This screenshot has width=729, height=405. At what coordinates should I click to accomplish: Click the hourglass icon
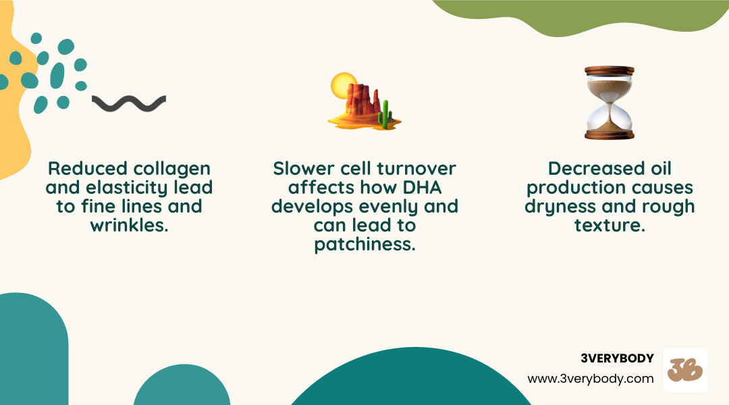(x=610, y=103)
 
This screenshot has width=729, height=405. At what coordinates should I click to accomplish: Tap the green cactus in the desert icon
(x=385, y=115)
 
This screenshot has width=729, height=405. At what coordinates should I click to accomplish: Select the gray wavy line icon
(x=129, y=103)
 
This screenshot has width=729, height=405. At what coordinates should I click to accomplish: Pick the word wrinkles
(x=129, y=225)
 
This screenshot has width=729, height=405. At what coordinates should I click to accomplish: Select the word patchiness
(x=364, y=244)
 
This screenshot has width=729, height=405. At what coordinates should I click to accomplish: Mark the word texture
(x=610, y=225)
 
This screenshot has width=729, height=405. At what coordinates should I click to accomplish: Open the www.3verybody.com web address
(x=591, y=379)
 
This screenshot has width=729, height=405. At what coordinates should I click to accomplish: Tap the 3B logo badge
(x=685, y=370)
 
